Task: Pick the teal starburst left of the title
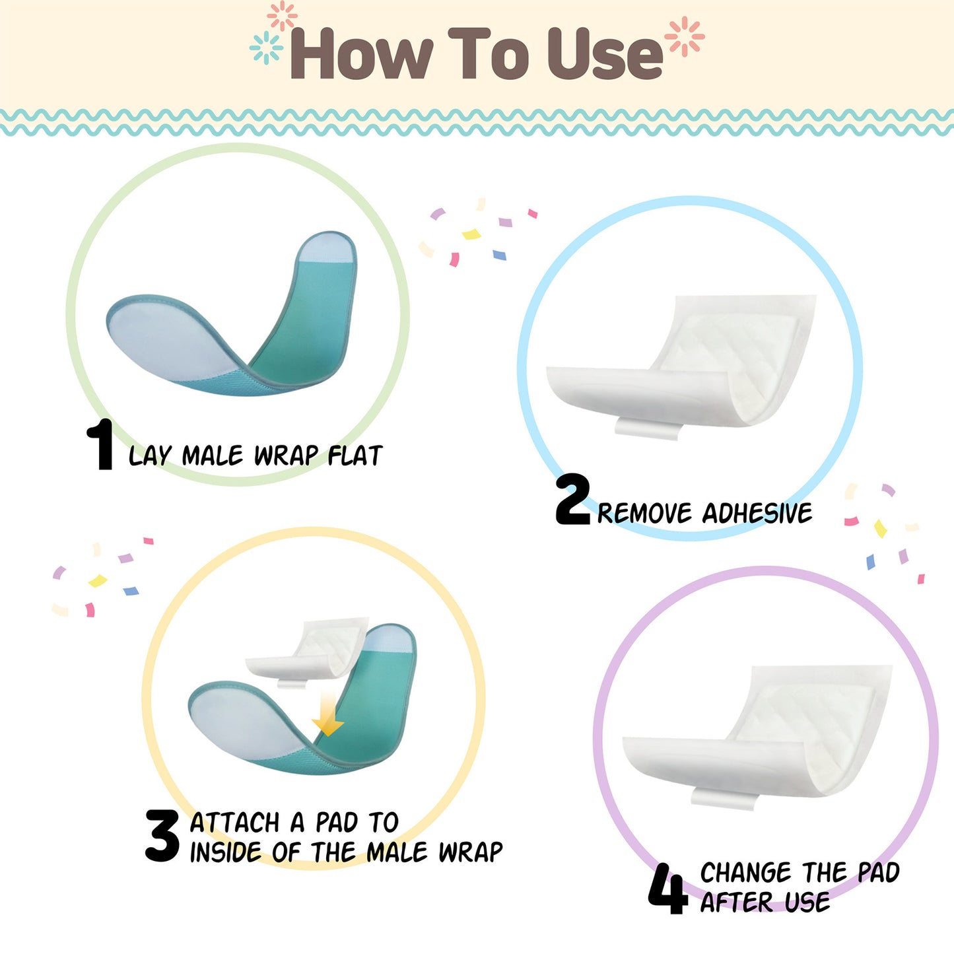tap(266, 48)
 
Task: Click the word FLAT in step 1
tap(355, 456)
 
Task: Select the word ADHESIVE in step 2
tap(757, 513)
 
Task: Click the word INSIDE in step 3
tap(225, 852)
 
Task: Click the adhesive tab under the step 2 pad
tap(648, 428)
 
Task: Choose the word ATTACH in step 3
tap(235, 823)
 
